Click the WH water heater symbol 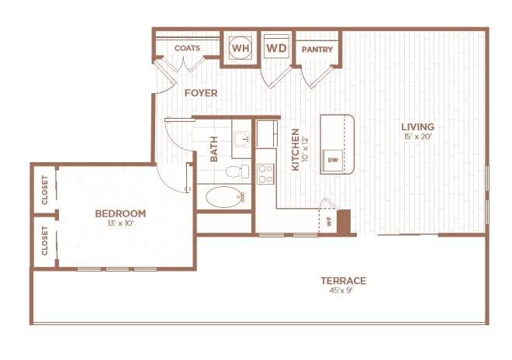pyautogui.click(x=240, y=48)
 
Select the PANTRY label pyautogui.click(x=318, y=50)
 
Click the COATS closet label pyautogui.click(x=187, y=48)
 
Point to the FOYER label pyautogui.click(x=200, y=93)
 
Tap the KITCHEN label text pyautogui.click(x=295, y=149)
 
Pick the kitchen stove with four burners pyautogui.click(x=265, y=173)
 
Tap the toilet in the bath pyautogui.click(x=234, y=171)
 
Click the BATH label pyautogui.click(x=214, y=150)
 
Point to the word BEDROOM pyautogui.click(x=120, y=213)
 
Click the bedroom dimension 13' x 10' pyautogui.click(x=120, y=224)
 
